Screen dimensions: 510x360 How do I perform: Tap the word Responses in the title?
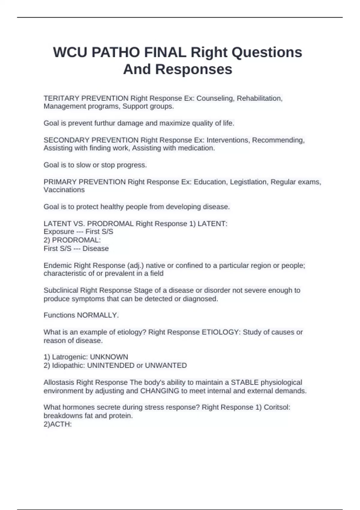tap(194, 69)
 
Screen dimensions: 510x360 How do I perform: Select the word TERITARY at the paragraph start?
tap(61, 98)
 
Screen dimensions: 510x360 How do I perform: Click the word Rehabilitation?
tap(260, 98)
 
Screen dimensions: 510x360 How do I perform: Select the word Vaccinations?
tap(64, 190)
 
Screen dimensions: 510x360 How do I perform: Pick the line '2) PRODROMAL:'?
tap(72, 240)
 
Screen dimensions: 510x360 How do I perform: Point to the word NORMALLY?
tap(98, 315)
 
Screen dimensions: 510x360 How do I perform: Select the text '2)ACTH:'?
tap(58, 424)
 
